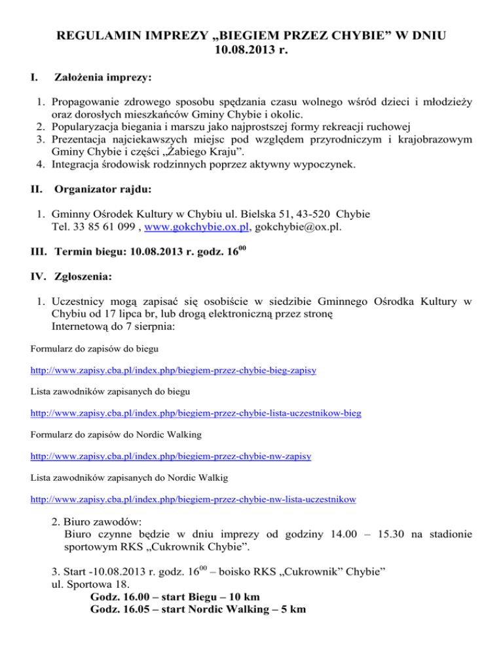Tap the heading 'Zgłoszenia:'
(83, 277)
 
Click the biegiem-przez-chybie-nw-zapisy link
(171, 456)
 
